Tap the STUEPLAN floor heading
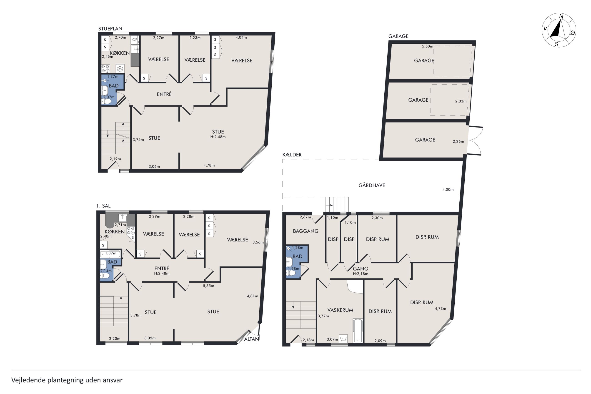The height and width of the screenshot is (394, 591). click(x=110, y=29)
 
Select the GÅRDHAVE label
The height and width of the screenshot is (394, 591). click(x=371, y=185)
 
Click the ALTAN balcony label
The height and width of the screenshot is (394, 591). click(x=251, y=339)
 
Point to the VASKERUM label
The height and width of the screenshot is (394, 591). click(x=340, y=310)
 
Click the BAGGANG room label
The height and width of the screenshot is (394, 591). click(x=306, y=231)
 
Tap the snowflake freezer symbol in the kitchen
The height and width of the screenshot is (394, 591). click(x=120, y=69)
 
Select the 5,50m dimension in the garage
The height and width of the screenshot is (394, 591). click(x=428, y=46)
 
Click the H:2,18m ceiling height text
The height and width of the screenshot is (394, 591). click(x=361, y=274)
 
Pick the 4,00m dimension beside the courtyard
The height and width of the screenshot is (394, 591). click(x=448, y=189)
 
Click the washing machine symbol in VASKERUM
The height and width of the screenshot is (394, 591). click(x=343, y=338)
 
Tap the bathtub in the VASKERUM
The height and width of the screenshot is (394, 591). click(x=357, y=330)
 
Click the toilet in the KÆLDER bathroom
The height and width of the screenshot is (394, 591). click(x=291, y=273)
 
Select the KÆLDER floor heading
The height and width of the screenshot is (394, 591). click(x=292, y=155)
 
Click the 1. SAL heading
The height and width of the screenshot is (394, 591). click(x=103, y=206)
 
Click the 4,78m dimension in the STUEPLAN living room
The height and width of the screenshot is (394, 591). click(x=209, y=165)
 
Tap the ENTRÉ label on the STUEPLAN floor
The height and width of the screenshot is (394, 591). click(x=164, y=94)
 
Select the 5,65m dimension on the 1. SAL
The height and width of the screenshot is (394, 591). click(x=208, y=286)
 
